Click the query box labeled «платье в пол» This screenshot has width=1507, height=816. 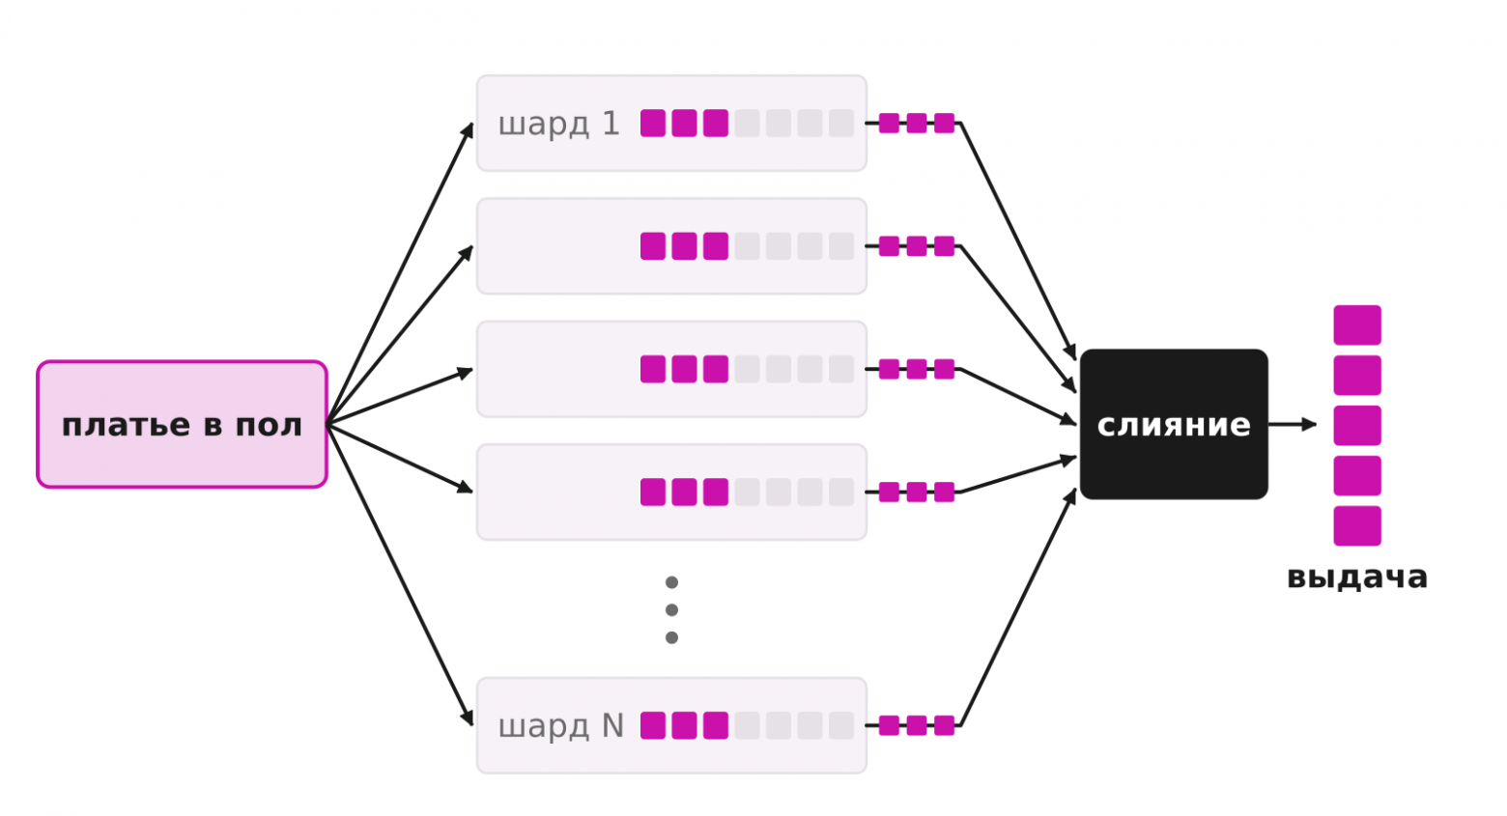[x=182, y=425]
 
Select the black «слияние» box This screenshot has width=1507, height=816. [x=1174, y=425]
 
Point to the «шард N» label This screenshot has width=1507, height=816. [x=561, y=726]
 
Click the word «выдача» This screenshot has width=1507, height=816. [x=1357, y=577]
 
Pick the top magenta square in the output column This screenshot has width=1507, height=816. [x=1357, y=324]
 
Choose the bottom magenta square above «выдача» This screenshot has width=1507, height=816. [x=1357, y=526]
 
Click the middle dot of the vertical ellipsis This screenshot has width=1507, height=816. [x=671, y=610]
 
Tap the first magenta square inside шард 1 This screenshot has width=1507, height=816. [x=653, y=123]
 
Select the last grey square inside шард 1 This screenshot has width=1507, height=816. [x=841, y=123]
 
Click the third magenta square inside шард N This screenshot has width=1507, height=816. [x=716, y=725]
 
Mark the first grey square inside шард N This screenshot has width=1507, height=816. [x=747, y=725]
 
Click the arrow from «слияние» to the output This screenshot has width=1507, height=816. [x=1293, y=425]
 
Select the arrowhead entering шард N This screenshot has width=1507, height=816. [x=467, y=718]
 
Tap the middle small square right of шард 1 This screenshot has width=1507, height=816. [x=917, y=123]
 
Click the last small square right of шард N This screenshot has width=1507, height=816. [x=944, y=725]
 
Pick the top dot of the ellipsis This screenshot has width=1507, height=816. [x=671, y=582]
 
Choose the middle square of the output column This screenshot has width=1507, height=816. [x=1357, y=425]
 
